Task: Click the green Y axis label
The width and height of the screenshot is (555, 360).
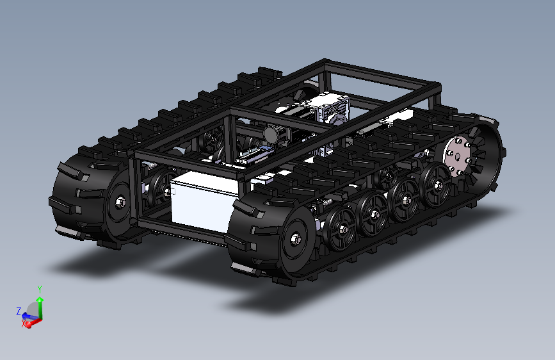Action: [x=40, y=290]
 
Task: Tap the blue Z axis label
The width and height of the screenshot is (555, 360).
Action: [x=19, y=311]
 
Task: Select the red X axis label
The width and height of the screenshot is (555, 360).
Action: [x=23, y=323]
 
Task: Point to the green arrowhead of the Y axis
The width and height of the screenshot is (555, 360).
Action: [x=40, y=299]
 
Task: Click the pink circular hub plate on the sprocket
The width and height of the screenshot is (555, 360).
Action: [x=457, y=156]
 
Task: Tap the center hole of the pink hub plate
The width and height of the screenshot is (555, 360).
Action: [x=457, y=156]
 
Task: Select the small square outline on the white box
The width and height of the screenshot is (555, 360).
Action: [x=173, y=192]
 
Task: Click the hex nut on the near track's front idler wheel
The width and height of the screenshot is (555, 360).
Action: [x=296, y=240]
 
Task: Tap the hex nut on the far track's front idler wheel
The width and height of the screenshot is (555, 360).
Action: [x=120, y=202]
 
